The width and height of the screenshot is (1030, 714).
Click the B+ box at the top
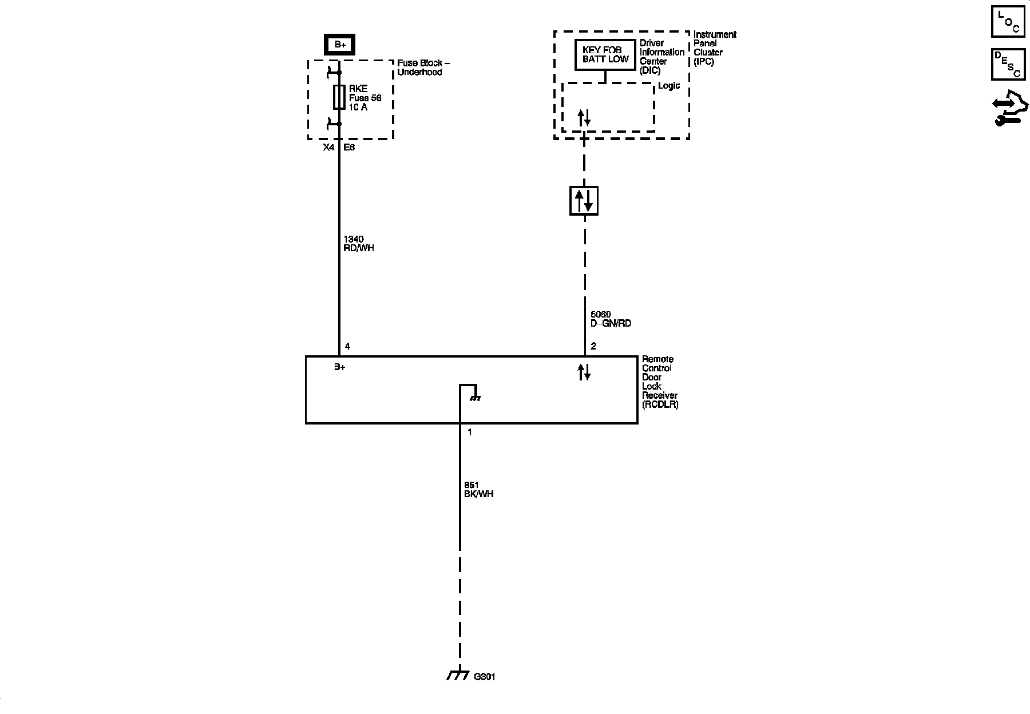(340, 44)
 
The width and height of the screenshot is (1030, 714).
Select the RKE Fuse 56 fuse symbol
(339, 97)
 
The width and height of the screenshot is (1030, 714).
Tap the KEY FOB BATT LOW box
(605, 55)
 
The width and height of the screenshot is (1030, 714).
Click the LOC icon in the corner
(1008, 21)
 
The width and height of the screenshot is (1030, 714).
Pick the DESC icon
(1008, 64)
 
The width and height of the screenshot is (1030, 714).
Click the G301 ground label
(485, 677)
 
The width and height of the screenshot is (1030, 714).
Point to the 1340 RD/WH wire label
(358, 244)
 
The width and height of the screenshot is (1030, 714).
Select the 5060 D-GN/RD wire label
(611, 319)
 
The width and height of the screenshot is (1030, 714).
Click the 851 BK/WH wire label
(479, 490)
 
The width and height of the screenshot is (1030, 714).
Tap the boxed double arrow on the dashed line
(584, 201)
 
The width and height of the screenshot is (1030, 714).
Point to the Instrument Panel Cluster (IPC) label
(714, 48)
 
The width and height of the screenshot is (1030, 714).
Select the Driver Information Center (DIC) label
(661, 57)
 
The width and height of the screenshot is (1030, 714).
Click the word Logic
(669, 86)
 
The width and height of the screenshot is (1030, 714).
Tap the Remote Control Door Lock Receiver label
(659, 382)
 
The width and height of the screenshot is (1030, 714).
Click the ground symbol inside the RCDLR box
(474, 396)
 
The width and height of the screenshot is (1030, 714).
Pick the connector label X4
(328, 148)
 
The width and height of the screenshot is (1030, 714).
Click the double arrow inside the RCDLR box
(584, 372)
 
